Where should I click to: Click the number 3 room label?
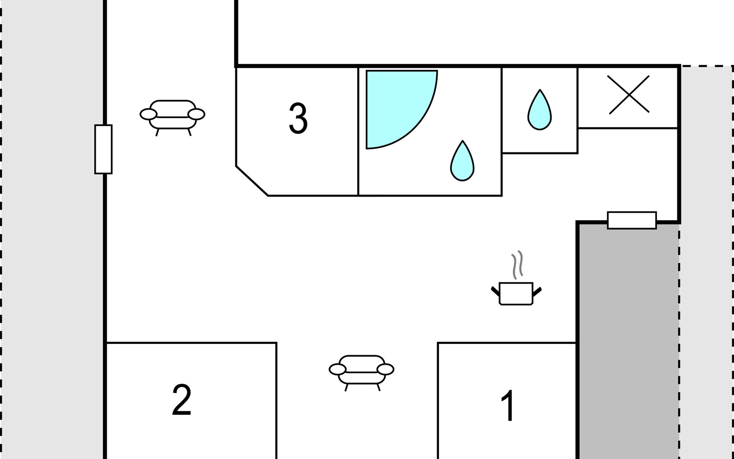tap(298, 119)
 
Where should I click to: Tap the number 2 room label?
tap(182, 400)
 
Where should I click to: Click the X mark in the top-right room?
tap(628, 94)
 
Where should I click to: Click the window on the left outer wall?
tap(103, 149)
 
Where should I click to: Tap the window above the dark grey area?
tap(632, 220)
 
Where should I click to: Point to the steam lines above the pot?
tap(517, 264)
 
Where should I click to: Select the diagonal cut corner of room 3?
tap(252, 181)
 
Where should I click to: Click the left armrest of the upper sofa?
tap(148, 114)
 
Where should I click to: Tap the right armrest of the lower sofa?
tap(385, 369)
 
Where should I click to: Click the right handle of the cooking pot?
tap(537, 292)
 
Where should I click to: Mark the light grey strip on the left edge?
tap(52, 229)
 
